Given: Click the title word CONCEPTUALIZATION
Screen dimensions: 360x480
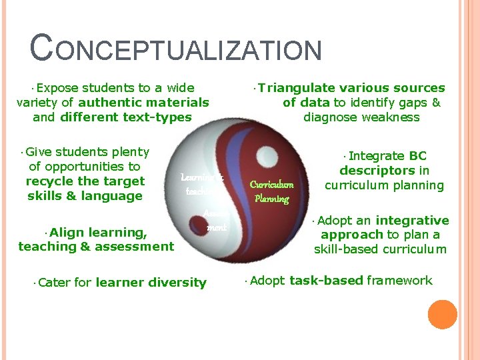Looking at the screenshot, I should point(177,51).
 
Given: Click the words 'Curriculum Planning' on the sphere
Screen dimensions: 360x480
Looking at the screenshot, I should point(271,191).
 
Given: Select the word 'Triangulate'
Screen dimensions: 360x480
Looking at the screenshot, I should point(297,87).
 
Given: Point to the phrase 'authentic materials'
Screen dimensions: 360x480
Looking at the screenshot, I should point(143,102).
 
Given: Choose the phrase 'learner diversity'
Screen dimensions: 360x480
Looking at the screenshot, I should point(151,282).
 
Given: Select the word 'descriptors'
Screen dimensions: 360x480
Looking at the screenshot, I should point(375,170).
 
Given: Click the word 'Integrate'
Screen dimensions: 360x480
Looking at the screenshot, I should point(377,155).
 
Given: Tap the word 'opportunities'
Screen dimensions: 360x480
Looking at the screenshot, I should point(85,166).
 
